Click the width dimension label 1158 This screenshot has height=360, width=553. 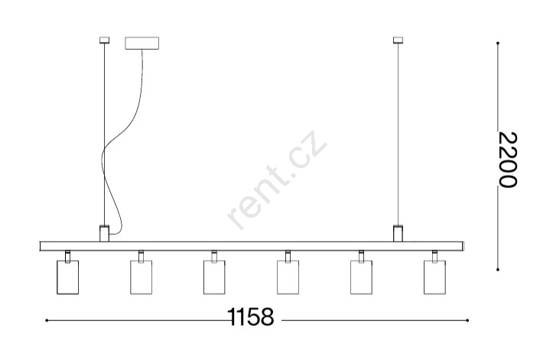point(251,316)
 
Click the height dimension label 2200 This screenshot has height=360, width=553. point(508,160)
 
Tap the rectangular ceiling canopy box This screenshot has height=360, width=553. point(142,43)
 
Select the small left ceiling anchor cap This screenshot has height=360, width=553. point(104,41)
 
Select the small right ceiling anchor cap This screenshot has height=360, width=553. point(398,41)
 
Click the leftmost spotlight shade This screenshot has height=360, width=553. point(68,277)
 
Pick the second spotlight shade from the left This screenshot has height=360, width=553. point(141,277)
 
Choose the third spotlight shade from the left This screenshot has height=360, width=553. point(214,277)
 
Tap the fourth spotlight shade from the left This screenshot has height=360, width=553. point(288,277)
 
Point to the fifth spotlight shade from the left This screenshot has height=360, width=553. point(361,277)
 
